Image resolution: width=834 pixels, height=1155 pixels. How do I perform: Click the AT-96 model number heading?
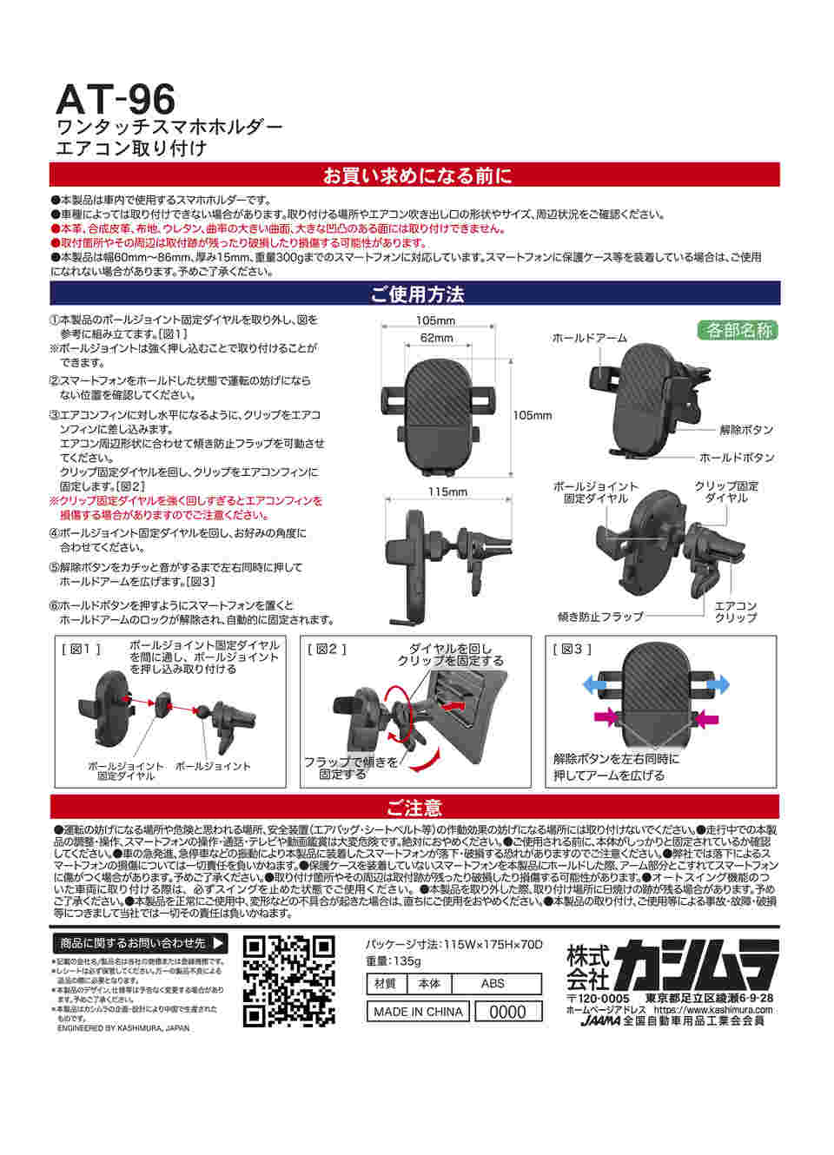point(115,99)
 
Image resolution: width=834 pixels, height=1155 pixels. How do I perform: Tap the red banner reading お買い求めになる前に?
point(415,175)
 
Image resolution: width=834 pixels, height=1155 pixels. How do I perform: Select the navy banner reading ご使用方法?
point(415,294)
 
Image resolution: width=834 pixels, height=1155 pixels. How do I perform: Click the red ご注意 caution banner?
point(415,808)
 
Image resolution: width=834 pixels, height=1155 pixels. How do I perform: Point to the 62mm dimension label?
point(436,338)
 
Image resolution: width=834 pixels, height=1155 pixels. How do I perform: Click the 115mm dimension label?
point(447,492)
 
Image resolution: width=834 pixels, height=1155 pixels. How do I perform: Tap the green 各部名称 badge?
point(738,330)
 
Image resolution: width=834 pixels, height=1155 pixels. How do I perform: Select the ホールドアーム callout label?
point(589,338)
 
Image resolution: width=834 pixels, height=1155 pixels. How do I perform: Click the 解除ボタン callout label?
point(745,430)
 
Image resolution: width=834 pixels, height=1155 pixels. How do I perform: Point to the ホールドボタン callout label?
point(737,458)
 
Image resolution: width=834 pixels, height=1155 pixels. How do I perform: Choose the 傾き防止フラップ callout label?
point(600,617)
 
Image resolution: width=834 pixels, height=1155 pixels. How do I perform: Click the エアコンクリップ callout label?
point(735,611)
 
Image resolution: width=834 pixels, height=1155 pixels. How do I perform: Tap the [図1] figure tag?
point(81,649)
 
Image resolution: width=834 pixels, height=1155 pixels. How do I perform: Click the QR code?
point(288,981)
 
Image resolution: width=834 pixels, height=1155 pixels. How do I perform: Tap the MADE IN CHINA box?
point(418,1012)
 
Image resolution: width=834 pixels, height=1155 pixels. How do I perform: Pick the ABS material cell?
point(493,984)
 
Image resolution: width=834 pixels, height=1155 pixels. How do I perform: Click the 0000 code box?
point(507,1012)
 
